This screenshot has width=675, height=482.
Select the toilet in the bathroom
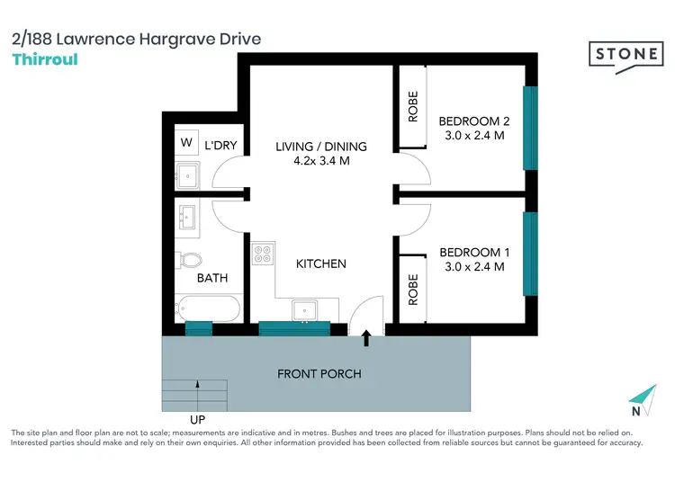tap(189, 260)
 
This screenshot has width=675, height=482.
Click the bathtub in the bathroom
tap(207, 310)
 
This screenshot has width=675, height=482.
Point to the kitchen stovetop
tap(263, 254)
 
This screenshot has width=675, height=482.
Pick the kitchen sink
tap(305, 310)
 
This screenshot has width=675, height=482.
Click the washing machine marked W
tap(186, 142)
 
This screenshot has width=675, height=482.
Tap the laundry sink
tap(188, 174)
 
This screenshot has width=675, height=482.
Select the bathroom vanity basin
tap(188, 217)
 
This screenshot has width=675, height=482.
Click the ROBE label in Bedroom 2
tap(413, 107)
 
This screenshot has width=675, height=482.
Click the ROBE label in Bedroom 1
tap(413, 290)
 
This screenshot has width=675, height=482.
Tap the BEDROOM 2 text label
tap(474, 121)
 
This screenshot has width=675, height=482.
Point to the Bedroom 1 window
tap(530, 253)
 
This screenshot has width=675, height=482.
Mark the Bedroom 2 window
tap(530, 127)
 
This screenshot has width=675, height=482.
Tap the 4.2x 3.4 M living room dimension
tap(320, 161)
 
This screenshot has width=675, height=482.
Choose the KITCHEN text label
tap(321, 263)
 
